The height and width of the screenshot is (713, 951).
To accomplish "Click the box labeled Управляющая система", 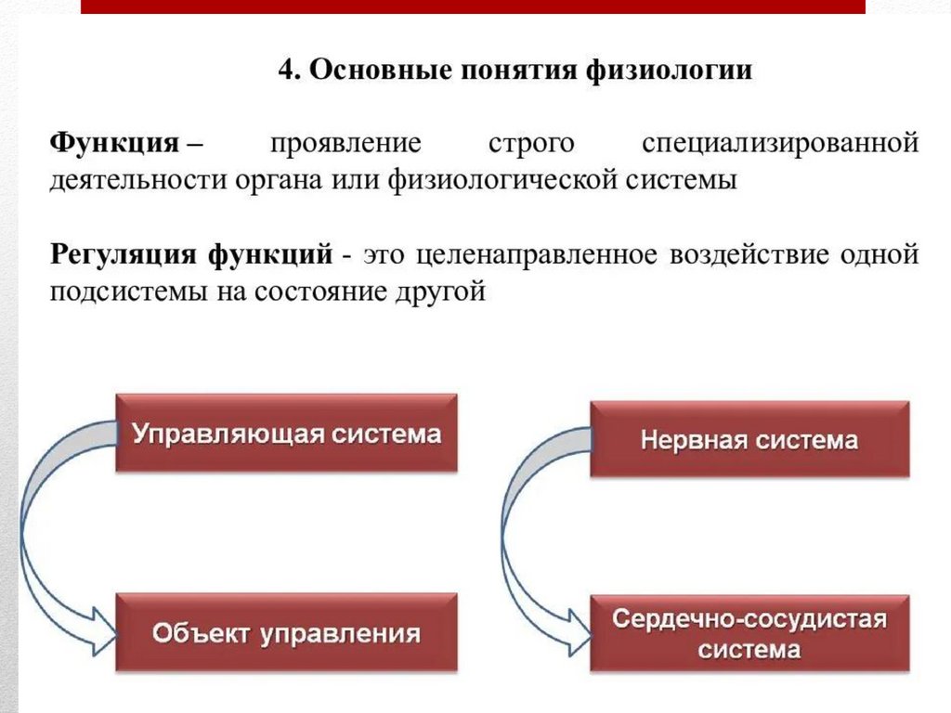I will (x=286, y=433).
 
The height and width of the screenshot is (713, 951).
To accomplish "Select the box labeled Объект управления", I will (x=286, y=633).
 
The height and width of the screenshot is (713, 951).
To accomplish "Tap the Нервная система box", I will (x=749, y=439).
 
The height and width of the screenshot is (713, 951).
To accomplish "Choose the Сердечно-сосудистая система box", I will (x=749, y=634).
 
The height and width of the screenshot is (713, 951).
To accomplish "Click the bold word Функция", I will (x=113, y=145).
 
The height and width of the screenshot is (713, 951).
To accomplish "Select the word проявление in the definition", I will (x=345, y=145).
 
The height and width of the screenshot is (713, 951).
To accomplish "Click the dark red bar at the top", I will (x=474, y=6).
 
